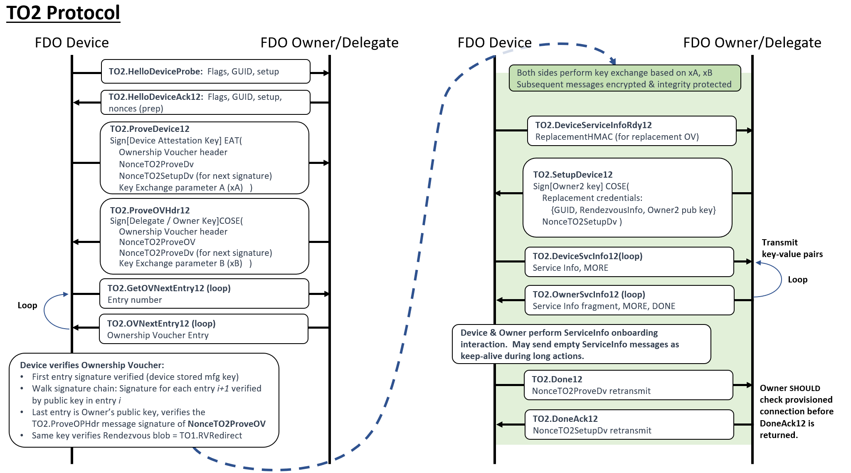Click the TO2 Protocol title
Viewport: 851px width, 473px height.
pyautogui.click(x=63, y=12)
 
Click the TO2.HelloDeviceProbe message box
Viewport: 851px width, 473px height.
pyautogui.click(x=205, y=72)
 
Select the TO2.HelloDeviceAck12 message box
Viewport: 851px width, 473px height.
pyautogui.click(x=205, y=102)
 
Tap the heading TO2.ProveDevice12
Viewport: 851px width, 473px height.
pyautogui.click(x=150, y=129)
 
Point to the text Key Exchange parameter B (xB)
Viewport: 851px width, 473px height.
pyautogui.click(x=180, y=263)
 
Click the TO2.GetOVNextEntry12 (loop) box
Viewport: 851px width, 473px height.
pyautogui.click(x=204, y=294)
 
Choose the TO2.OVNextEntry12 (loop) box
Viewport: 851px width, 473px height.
pyautogui.click(x=203, y=329)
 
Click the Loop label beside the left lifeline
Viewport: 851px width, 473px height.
pyautogui.click(x=27, y=305)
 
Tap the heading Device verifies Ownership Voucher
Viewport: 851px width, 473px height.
pyautogui.click(x=92, y=365)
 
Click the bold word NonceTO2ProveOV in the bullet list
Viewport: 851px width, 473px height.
pyautogui.click(x=227, y=424)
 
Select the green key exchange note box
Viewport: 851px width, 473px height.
pyautogui.click(x=624, y=78)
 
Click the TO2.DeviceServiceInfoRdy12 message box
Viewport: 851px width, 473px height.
pyautogui.click(x=631, y=131)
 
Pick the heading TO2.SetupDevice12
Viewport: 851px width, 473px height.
pyautogui.click(x=573, y=175)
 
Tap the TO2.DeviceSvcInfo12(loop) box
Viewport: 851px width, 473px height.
pyautogui.click(x=629, y=262)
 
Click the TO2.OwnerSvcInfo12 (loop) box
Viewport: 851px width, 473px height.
pyautogui.click(x=629, y=300)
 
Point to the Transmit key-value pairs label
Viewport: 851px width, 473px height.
pyautogui.click(x=792, y=248)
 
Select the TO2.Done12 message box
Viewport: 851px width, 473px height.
pyautogui.click(x=628, y=385)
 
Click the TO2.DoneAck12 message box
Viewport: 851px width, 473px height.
pyautogui.click(x=629, y=425)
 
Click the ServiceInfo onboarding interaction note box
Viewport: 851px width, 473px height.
pyautogui.click(x=581, y=344)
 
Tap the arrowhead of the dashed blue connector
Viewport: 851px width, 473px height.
pyautogui.click(x=613, y=61)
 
